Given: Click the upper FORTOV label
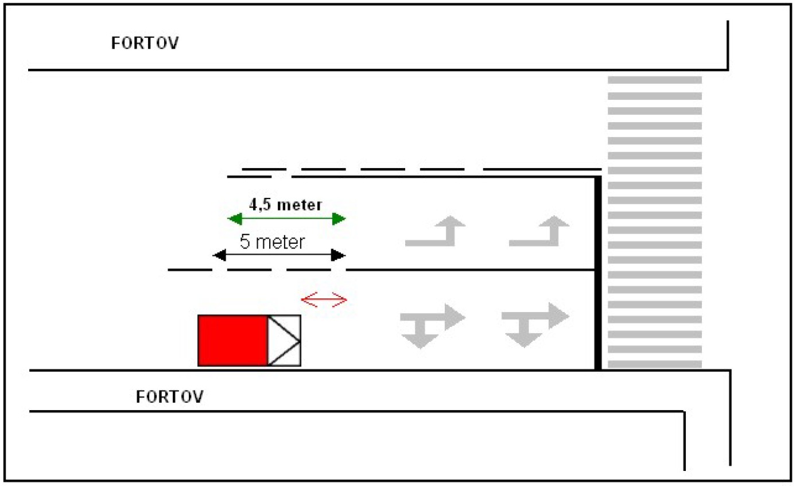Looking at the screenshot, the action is click(145, 43).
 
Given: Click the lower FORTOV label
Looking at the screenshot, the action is click(169, 397).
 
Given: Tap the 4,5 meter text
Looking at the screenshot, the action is click(285, 205).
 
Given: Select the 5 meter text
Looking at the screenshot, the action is click(272, 241).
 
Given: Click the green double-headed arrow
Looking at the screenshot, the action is click(286, 219).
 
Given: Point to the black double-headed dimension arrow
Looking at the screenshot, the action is click(279, 255).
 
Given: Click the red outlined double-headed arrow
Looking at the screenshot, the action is click(324, 300).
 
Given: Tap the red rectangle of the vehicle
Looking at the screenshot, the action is click(233, 341).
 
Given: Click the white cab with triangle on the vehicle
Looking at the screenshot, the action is click(284, 341).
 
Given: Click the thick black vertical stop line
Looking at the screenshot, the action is click(598, 273).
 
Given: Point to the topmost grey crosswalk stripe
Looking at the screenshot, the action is click(655, 80).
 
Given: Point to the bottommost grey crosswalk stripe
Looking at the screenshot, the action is click(655, 364).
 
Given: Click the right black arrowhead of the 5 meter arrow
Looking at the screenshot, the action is click(338, 255).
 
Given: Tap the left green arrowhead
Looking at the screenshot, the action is click(235, 219).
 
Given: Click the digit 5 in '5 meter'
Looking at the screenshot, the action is click(245, 241).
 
